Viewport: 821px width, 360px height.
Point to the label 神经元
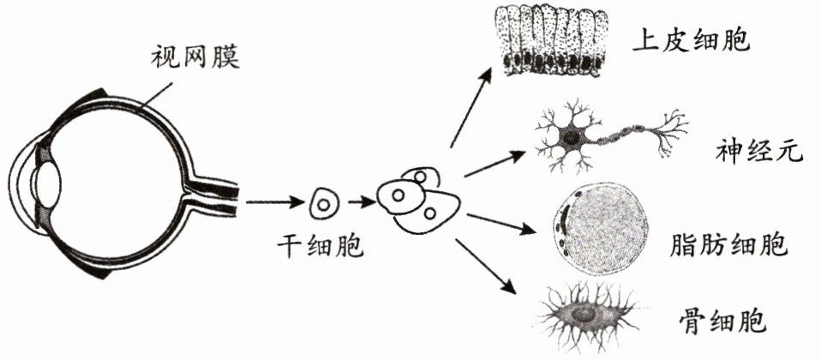759,153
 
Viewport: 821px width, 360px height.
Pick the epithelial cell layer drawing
554,43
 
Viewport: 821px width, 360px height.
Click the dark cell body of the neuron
568,136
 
